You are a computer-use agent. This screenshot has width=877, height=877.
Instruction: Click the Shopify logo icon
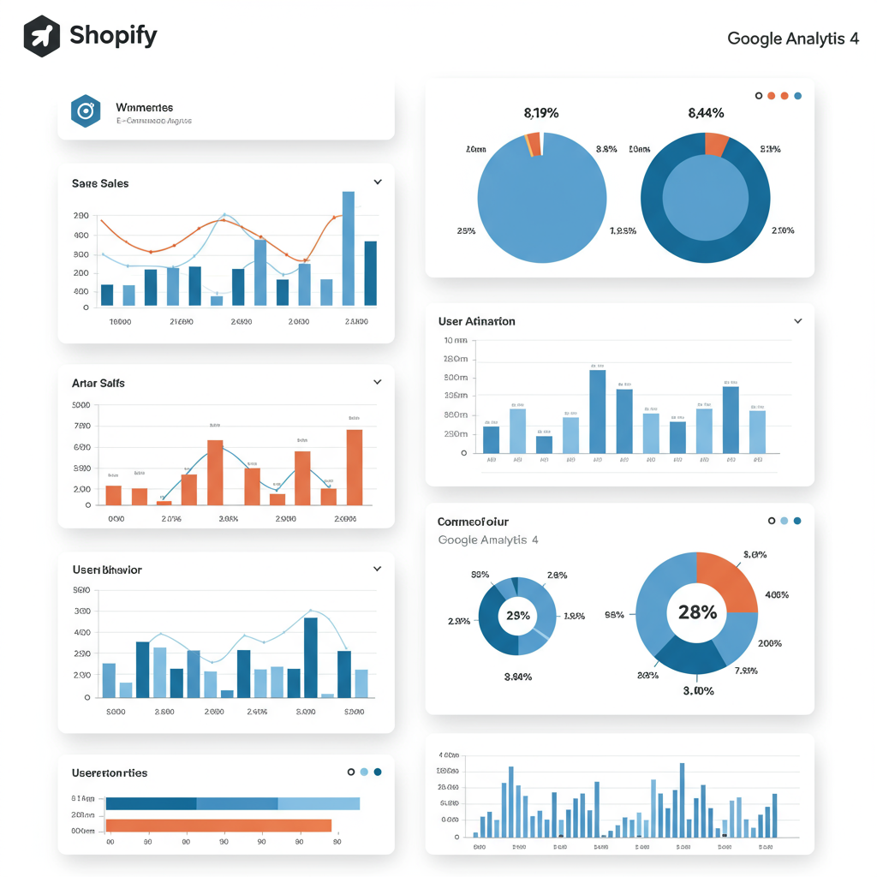42,36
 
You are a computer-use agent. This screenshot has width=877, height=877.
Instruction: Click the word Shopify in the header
113,36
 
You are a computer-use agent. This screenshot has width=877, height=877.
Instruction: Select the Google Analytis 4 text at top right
792,39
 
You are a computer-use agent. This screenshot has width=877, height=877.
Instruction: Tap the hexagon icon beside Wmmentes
86,110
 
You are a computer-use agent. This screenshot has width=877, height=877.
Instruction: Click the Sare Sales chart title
100,183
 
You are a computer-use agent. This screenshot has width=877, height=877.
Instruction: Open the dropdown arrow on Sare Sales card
378,182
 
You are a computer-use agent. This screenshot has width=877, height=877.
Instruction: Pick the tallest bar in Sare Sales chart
348,248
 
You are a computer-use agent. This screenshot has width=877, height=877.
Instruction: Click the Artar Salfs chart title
98,383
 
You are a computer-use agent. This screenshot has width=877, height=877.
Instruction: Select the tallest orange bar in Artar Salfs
354,467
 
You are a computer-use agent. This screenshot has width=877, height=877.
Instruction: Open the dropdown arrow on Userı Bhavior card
378,569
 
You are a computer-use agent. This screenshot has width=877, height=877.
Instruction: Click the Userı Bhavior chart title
107,570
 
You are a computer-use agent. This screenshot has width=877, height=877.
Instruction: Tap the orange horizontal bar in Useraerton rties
218,826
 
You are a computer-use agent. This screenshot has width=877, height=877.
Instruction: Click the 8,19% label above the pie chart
540,112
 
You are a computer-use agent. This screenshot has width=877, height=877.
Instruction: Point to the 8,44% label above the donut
706,112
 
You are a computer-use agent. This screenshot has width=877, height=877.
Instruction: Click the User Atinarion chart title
477,321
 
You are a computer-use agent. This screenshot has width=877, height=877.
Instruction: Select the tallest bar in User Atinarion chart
597,411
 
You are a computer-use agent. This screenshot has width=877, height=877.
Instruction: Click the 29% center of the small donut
517,616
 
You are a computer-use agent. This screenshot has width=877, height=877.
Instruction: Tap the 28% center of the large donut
697,612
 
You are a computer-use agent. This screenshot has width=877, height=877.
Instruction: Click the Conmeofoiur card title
473,522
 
